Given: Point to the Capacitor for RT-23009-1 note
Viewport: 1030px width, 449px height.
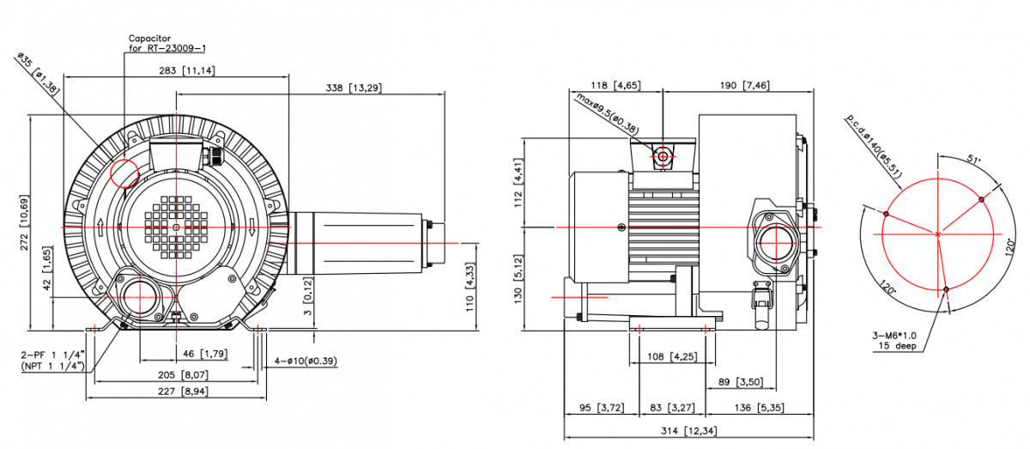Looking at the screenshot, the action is tap(167, 43).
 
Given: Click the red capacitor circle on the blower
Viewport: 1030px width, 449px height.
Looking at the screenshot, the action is tap(124, 173).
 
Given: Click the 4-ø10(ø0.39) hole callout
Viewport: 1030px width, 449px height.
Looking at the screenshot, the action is tap(306, 361).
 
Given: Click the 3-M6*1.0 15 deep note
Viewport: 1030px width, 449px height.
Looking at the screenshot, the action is tap(894, 341).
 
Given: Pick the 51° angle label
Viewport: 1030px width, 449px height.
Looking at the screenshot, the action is tap(973, 159).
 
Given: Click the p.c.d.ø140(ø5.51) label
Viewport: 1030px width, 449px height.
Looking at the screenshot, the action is tap(874, 146).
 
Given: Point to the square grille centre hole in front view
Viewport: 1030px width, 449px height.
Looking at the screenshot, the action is tap(177, 227).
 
